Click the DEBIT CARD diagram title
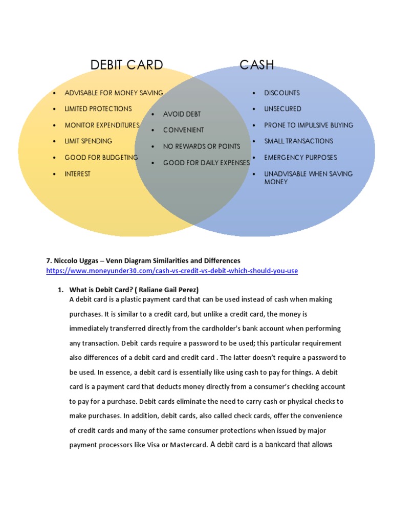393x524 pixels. pyautogui.click(x=126, y=65)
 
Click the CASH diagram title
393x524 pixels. pyautogui.click(x=257, y=65)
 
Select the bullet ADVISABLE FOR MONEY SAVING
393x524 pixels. pyautogui.click(x=114, y=93)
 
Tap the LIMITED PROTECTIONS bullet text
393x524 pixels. pyautogui.click(x=98, y=108)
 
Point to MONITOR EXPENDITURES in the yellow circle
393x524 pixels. pyautogui.click(x=102, y=125)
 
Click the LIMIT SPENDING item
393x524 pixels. pyautogui.click(x=88, y=141)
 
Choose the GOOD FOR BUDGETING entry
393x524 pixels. pyautogui.click(x=101, y=157)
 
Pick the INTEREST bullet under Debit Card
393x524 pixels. pyautogui.click(x=77, y=174)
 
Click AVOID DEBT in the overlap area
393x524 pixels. pyautogui.click(x=182, y=114)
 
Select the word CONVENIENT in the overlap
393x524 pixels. pyautogui.click(x=183, y=130)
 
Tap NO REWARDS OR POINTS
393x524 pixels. pyautogui.click(x=201, y=146)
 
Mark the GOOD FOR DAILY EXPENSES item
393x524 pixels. pyautogui.click(x=206, y=163)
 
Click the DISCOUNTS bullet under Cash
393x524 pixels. pyautogui.click(x=281, y=93)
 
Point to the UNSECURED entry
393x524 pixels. pyautogui.click(x=282, y=108)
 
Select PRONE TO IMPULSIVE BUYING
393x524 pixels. pyautogui.click(x=309, y=125)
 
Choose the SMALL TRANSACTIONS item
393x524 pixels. pyautogui.click(x=298, y=141)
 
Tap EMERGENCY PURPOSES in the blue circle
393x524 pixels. pyautogui.click(x=300, y=157)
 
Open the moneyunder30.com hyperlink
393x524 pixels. pyautogui.click(x=172, y=270)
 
